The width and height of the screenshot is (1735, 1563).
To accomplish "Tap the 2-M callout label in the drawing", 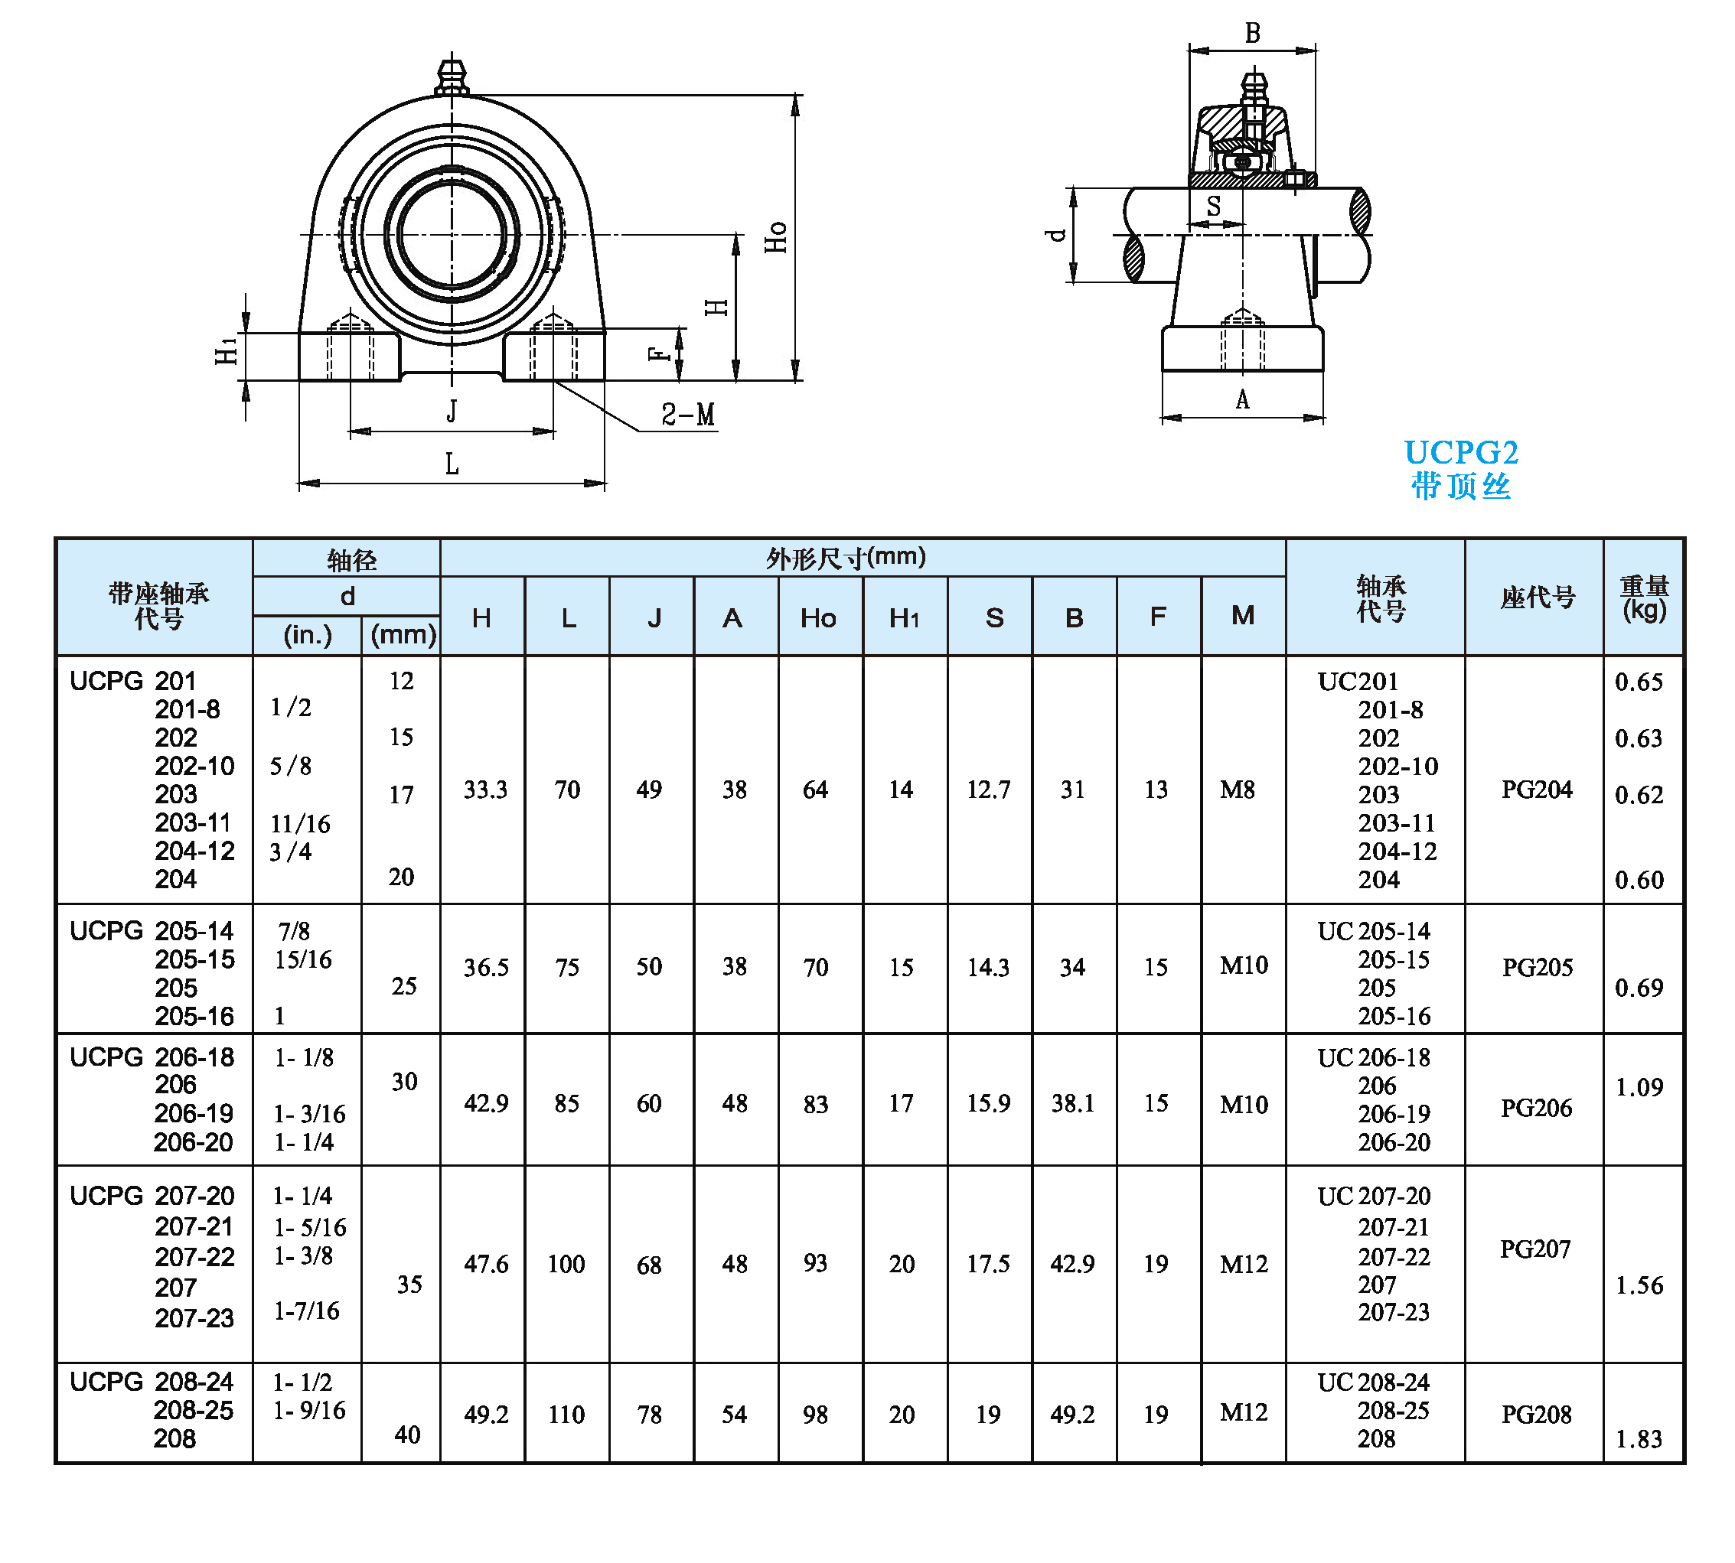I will (x=687, y=415).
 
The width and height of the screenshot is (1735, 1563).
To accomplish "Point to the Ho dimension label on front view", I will (x=775, y=237).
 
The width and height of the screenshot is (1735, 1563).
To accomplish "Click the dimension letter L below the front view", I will (x=452, y=464).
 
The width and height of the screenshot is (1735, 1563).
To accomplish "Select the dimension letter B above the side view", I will (x=1252, y=34).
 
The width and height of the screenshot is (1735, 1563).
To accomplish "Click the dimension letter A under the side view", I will (x=1242, y=399).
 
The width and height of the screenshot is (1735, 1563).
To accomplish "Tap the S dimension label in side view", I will (x=1213, y=206).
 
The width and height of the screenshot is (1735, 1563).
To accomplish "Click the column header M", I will (x=1242, y=616).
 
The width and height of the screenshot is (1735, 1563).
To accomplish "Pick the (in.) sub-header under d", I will (x=308, y=636).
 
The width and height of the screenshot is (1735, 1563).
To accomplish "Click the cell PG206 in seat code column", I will (x=1536, y=1108).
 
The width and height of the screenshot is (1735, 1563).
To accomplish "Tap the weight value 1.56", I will (x=1639, y=1285).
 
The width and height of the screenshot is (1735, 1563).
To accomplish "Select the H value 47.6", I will (x=486, y=1264).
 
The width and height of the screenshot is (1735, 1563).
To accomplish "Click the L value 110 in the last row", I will (x=566, y=1415).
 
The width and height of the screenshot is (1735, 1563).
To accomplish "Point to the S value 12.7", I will (x=988, y=790).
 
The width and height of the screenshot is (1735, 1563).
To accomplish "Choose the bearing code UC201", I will (x=1358, y=681).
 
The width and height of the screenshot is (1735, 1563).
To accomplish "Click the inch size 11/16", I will (x=300, y=824).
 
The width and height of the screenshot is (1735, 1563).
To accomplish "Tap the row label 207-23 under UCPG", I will (x=194, y=1317).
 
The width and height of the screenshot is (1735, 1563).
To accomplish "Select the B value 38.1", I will (x=1073, y=1102).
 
